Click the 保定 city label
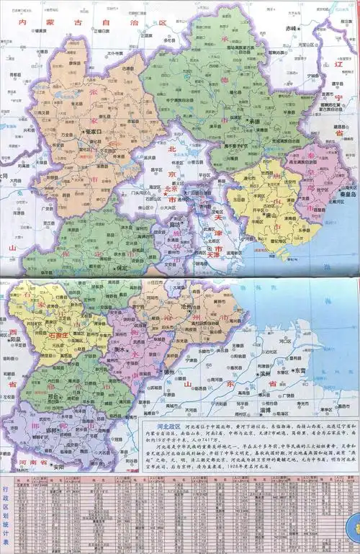[x=120, y=268]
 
